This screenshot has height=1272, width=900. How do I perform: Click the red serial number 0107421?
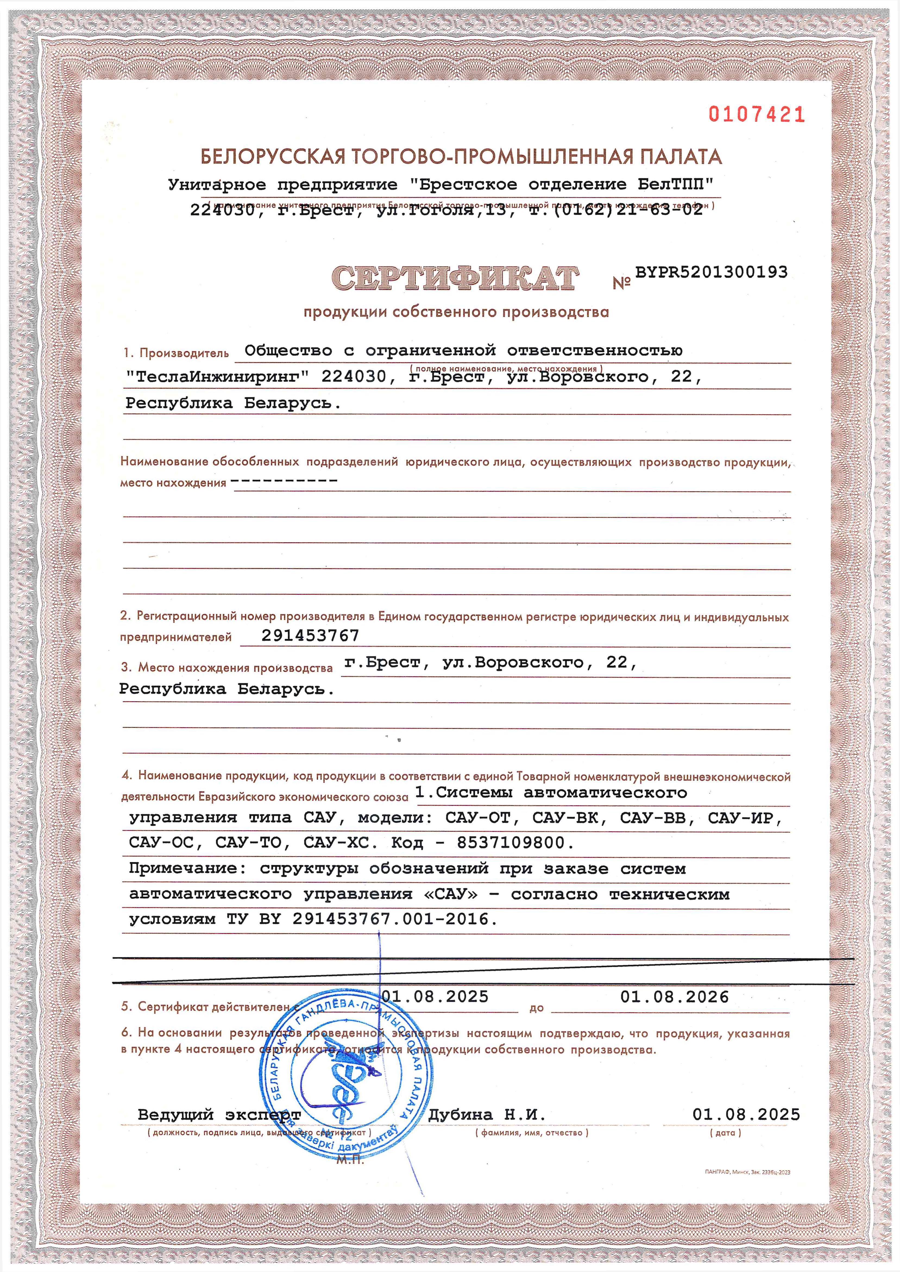(756, 114)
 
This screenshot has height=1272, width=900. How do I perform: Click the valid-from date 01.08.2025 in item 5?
(435, 997)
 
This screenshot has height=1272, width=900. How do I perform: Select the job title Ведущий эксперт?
(219, 1115)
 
